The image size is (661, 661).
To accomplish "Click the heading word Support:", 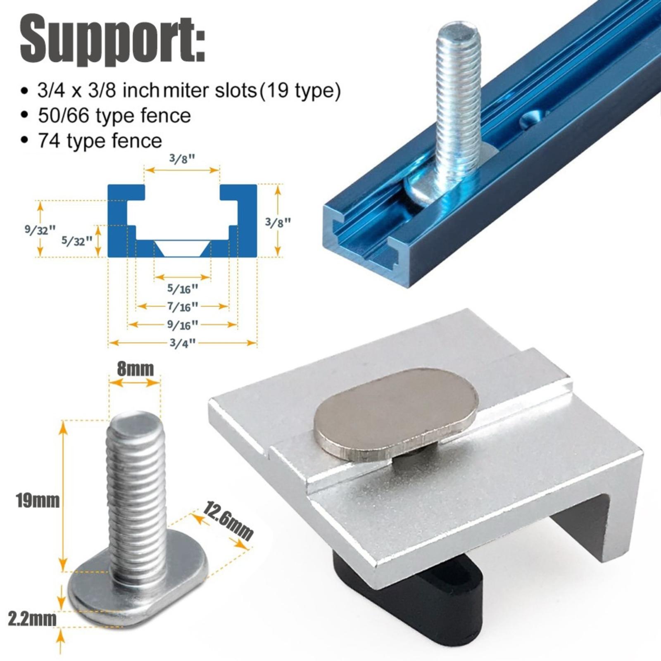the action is pyautogui.click(x=112, y=40).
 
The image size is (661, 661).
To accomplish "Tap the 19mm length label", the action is pyautogui.click(x=38, y=501).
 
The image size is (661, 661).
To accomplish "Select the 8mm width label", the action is pyautogui.click(x=135, y=369).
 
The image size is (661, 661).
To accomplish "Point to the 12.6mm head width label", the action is pyautogui.click(x=227, y=521).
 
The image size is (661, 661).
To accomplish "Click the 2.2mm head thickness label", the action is pyautogui.click(x=32, y=619).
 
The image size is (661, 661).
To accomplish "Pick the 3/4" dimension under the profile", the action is pyautogui.click(x=182, y=343).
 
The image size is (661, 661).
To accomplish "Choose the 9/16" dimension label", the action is pyautogui.click(x=182, y=325).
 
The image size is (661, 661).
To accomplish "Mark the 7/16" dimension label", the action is pyautogui.click(x=182, y=307).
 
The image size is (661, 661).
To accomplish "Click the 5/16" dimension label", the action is pyautogui.click(x=182, y=288).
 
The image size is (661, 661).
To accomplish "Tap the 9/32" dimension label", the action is pyautogui.click(x=40, y=229).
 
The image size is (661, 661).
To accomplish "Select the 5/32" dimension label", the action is pyautogui.click(x=77, y=240).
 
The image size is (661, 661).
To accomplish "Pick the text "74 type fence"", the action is pyautogui.click(x=100, y=140).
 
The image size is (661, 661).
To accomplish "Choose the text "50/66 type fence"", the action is pyautogui.click(x=114, y=116).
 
